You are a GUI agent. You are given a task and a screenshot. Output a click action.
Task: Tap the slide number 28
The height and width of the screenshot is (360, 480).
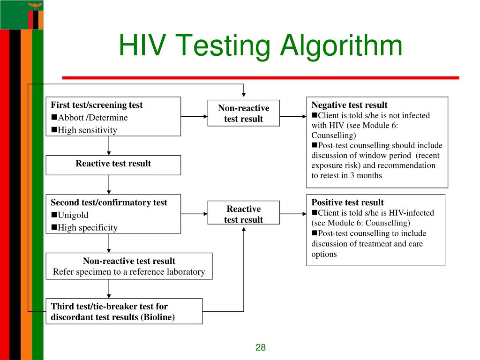click(261, 347)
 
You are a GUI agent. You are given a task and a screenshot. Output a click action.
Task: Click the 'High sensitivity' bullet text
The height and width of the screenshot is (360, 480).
click(87, 130)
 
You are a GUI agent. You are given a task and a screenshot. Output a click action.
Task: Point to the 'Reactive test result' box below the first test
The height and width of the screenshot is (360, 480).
click(113, 164)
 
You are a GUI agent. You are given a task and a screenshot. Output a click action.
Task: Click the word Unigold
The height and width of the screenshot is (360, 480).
click(73, 215)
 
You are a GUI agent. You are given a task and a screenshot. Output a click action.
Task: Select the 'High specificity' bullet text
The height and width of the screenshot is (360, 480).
click(88, 228)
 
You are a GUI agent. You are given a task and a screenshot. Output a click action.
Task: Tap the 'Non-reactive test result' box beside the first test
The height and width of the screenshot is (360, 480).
click(243, 113)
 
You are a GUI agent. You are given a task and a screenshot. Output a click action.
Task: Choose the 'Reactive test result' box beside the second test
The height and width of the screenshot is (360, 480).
click(243, 214)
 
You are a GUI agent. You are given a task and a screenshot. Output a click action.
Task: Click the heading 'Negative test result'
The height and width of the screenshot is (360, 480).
click(349, 105)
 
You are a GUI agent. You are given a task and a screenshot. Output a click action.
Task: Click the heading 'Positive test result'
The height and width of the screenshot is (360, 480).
click(347, 202)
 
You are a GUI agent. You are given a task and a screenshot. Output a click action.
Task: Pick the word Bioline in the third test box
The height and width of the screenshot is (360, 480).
click(159, 317)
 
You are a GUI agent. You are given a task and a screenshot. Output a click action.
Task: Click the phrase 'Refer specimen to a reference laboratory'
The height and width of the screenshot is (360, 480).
click(129, 272)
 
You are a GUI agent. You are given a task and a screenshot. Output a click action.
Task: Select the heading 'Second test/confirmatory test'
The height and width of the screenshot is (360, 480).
click(109, 202)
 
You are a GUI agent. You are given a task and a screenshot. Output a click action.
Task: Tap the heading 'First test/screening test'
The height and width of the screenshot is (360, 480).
click(97, 105)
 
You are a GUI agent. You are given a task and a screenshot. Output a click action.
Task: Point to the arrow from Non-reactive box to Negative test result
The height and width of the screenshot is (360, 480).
click(293, 116)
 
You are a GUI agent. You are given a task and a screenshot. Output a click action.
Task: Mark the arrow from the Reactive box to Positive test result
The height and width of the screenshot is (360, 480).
click(293, 214)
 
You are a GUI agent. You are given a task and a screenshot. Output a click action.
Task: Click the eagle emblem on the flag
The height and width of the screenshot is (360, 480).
click(34, 6)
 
